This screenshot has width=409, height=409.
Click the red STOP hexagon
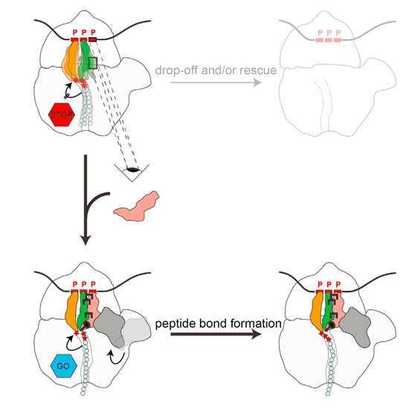tap(62, 115)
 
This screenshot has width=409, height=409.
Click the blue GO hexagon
tap(64, 366)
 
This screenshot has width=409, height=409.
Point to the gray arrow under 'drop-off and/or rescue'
tap(216, 83)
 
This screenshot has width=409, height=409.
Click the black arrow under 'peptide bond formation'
tap(216, 334)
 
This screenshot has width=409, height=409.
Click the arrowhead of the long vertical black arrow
tap(86, 239)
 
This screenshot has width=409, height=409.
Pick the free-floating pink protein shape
tap(137, 207)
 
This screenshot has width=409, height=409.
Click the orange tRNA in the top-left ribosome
tap(71, 60)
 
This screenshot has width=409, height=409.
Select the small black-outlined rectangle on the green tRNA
tap(93, 63)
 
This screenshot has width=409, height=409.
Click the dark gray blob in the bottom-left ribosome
tap(109, 326)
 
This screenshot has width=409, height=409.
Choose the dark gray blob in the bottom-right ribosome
tap(355, 327)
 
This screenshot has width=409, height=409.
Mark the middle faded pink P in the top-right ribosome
tap(329, 33)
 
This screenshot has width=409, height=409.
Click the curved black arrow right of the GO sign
tap(115, 357)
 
